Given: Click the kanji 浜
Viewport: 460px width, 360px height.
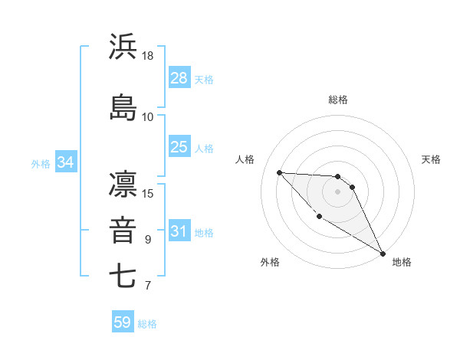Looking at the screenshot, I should click(x=123, y=47).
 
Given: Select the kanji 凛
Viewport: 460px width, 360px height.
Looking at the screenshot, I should click(x=123, y=185).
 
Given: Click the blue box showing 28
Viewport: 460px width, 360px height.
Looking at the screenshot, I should click(x=179, y=77).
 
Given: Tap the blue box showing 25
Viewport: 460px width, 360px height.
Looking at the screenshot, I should click(x=179, y=146).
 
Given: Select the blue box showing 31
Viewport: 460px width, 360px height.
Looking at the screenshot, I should click(x=179, y=231).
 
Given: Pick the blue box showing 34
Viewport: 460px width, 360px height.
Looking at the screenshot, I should click(x=66, y=162).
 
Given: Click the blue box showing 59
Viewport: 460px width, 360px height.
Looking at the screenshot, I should click(x=123, y=322).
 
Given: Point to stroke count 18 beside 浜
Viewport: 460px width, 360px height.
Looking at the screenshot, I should click(x=148, y=56).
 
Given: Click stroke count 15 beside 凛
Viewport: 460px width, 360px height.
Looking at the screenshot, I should click(x=148, y=192).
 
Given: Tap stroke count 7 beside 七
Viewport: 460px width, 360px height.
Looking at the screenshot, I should click(x=148, y=286).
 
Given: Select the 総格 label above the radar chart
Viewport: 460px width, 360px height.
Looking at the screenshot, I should click(x=338, y=100).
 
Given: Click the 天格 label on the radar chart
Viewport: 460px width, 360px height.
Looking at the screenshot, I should click(x=431, y=159).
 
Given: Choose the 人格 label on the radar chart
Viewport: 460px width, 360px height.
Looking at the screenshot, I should click(x=245, y=159).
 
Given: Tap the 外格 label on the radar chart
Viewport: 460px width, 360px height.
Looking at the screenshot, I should click(x=270, y=262).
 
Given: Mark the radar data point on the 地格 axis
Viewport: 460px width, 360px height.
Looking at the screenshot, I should click(x=383, y=253).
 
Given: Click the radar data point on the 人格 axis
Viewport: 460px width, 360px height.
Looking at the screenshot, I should click(x=279, y=172).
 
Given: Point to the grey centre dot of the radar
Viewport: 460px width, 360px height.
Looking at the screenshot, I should click(x=338, y=191).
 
